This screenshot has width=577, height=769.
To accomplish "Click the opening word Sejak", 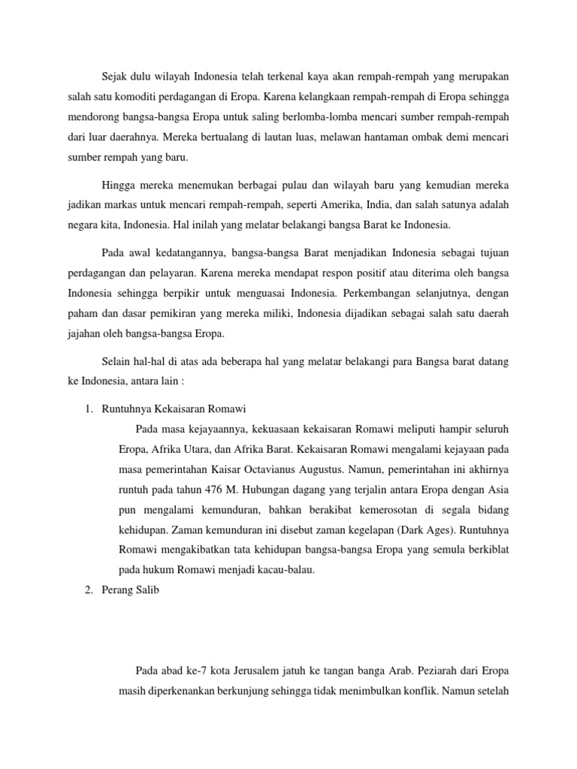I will coord(115,75).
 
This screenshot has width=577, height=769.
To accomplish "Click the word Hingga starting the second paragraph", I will coord(116,183).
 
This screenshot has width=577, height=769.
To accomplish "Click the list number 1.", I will coord(88,409).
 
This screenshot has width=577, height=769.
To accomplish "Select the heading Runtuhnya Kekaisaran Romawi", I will coord(174,409).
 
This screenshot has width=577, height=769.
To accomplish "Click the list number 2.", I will coord(88,590).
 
